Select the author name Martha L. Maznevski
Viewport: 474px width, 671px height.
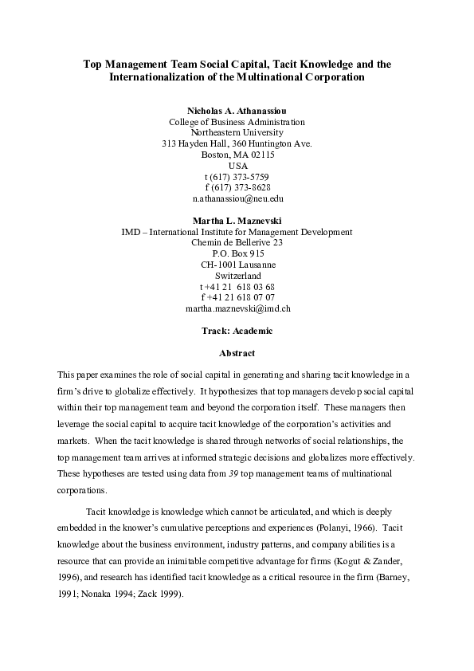(x=237, y=221)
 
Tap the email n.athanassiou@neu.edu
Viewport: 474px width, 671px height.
(x=237, y=198)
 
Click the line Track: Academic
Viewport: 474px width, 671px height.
(x=237, y=330)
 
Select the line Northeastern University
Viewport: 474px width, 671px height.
(x=237, y=133)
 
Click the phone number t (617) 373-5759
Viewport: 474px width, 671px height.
(x=237, y=176)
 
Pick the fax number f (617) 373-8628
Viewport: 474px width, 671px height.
(x=237, y=187)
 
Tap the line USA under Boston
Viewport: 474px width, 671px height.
(x=237, y=166)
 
